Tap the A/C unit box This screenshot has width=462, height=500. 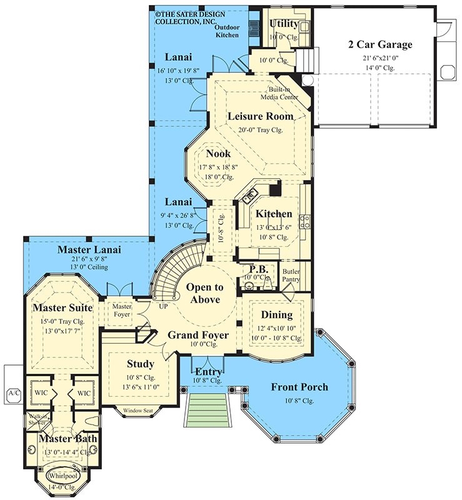(x=13, y=393)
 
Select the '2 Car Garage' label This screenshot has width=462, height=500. (x=380, y=45)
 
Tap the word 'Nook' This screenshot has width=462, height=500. (x=218, y=153)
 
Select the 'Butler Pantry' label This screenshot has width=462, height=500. (x=291, y=276)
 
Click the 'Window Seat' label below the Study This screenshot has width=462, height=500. (x=138, y=411)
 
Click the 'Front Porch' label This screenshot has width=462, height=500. (x=299, y=387)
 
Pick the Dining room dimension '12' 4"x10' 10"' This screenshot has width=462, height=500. (x=276, y=329)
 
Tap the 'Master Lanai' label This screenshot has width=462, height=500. (x=89, y=250)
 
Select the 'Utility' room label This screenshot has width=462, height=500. (x=284, y=24)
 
